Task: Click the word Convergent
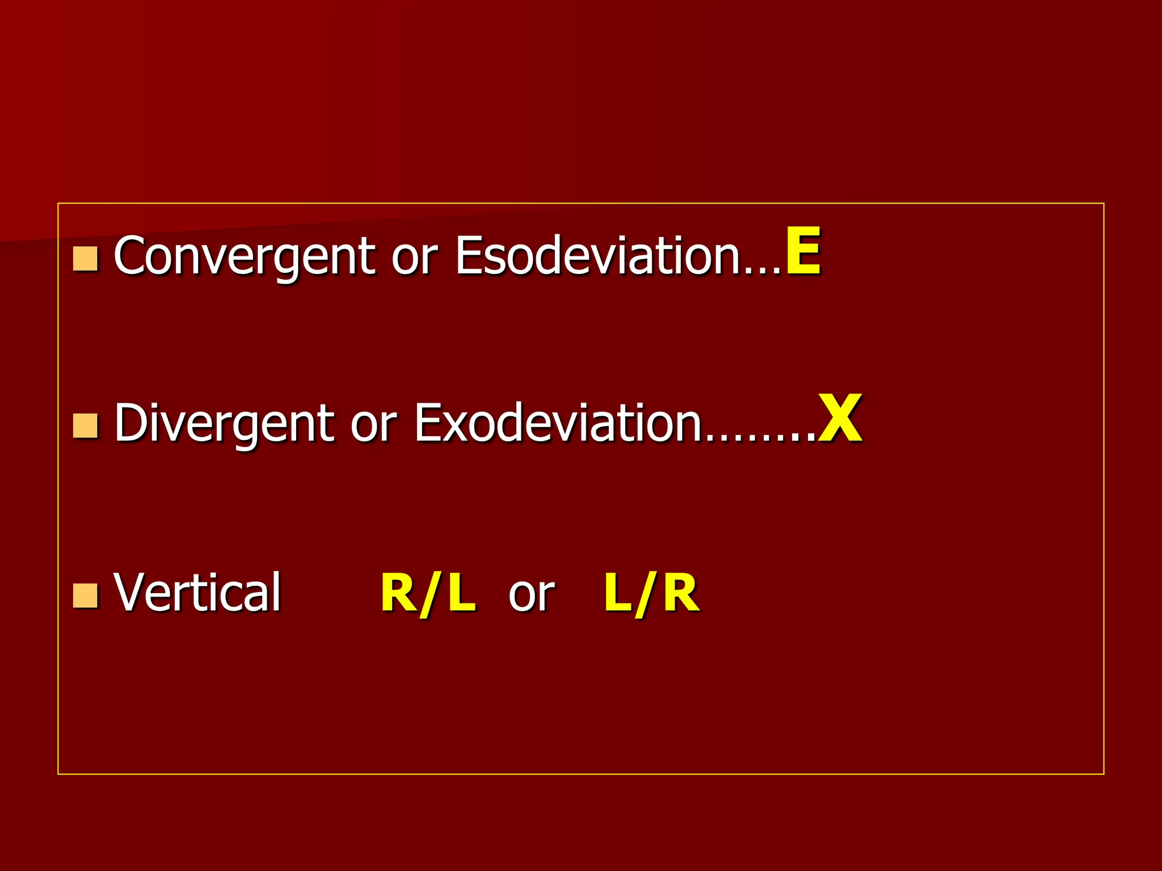click(x=244, y=256)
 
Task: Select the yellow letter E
click(x=803, y=251)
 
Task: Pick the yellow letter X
click(x=840, y=420)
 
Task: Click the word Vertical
click(x=197, y=593)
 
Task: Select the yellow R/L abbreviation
click(x=428, y=594)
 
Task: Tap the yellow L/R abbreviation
click(x=651, y=594)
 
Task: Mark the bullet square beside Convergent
click(x=86, y=259)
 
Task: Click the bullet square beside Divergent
click(x=86, y=426)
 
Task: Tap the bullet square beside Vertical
click(x=86, y=595)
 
